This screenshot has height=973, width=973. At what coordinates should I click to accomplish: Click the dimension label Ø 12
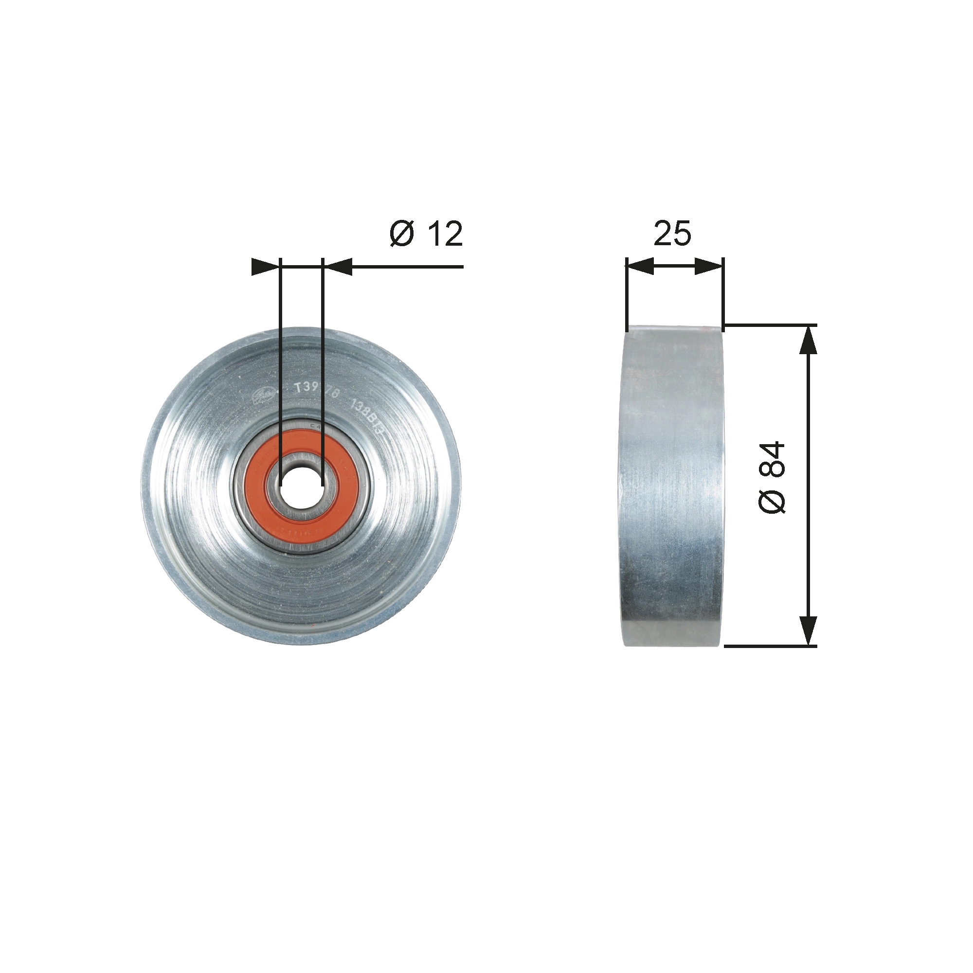(x=426, y=234)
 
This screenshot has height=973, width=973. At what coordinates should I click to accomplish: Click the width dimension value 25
(x=672, y=234)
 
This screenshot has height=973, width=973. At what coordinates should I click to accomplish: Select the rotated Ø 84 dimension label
(x=772, y=477)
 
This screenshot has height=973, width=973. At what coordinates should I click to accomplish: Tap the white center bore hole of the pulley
(x=301, y=483)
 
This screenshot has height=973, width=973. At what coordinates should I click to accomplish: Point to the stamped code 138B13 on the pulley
(x=370, y=411)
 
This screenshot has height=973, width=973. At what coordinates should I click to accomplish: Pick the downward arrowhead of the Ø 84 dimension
(x=808, y=630)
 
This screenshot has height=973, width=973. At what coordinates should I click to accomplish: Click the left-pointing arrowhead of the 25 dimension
(x=640, y=267)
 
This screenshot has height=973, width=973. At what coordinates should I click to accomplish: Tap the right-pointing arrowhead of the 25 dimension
(x=709, y=267)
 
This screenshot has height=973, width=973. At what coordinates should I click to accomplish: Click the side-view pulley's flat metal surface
(x=672, y=484)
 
